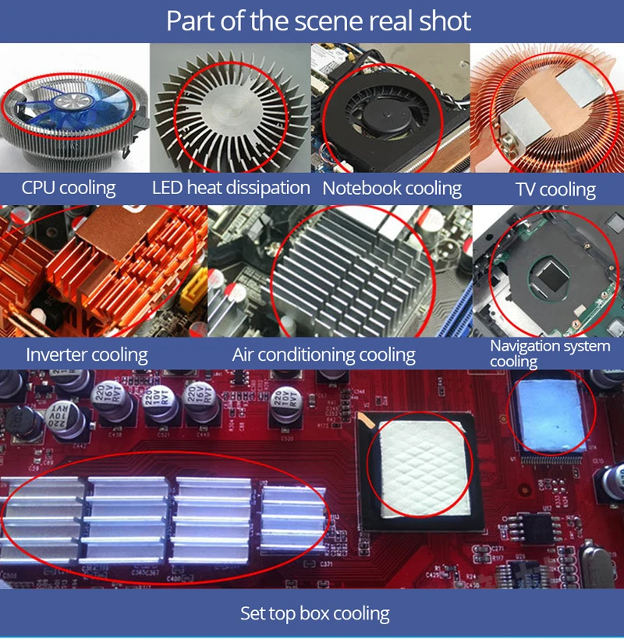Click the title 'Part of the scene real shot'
(x=318, y=21)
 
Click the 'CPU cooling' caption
(x=69, y=188)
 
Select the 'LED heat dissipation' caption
(x=231, y=188)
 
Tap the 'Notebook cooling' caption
(x=392, y=189)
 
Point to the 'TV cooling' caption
(x=555, y=189)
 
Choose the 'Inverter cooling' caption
(x=87, y=355)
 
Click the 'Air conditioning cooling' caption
(x=324, y=355)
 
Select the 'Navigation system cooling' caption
(x=549, y=353)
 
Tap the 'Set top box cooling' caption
(x=314, y=613)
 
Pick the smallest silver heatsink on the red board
(x=292, y=519)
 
